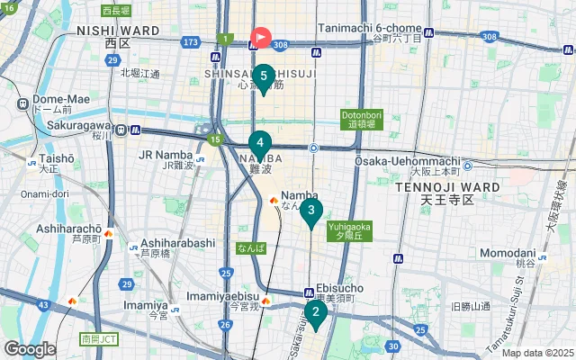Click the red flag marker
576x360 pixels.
[260, 38]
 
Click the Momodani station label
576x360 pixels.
[508, 254]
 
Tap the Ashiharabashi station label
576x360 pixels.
[177, 243]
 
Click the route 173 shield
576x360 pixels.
[190, 41]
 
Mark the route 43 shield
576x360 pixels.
[43, 306]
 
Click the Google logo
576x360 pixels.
[30, 348]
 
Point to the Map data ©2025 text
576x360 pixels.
[536, 353]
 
